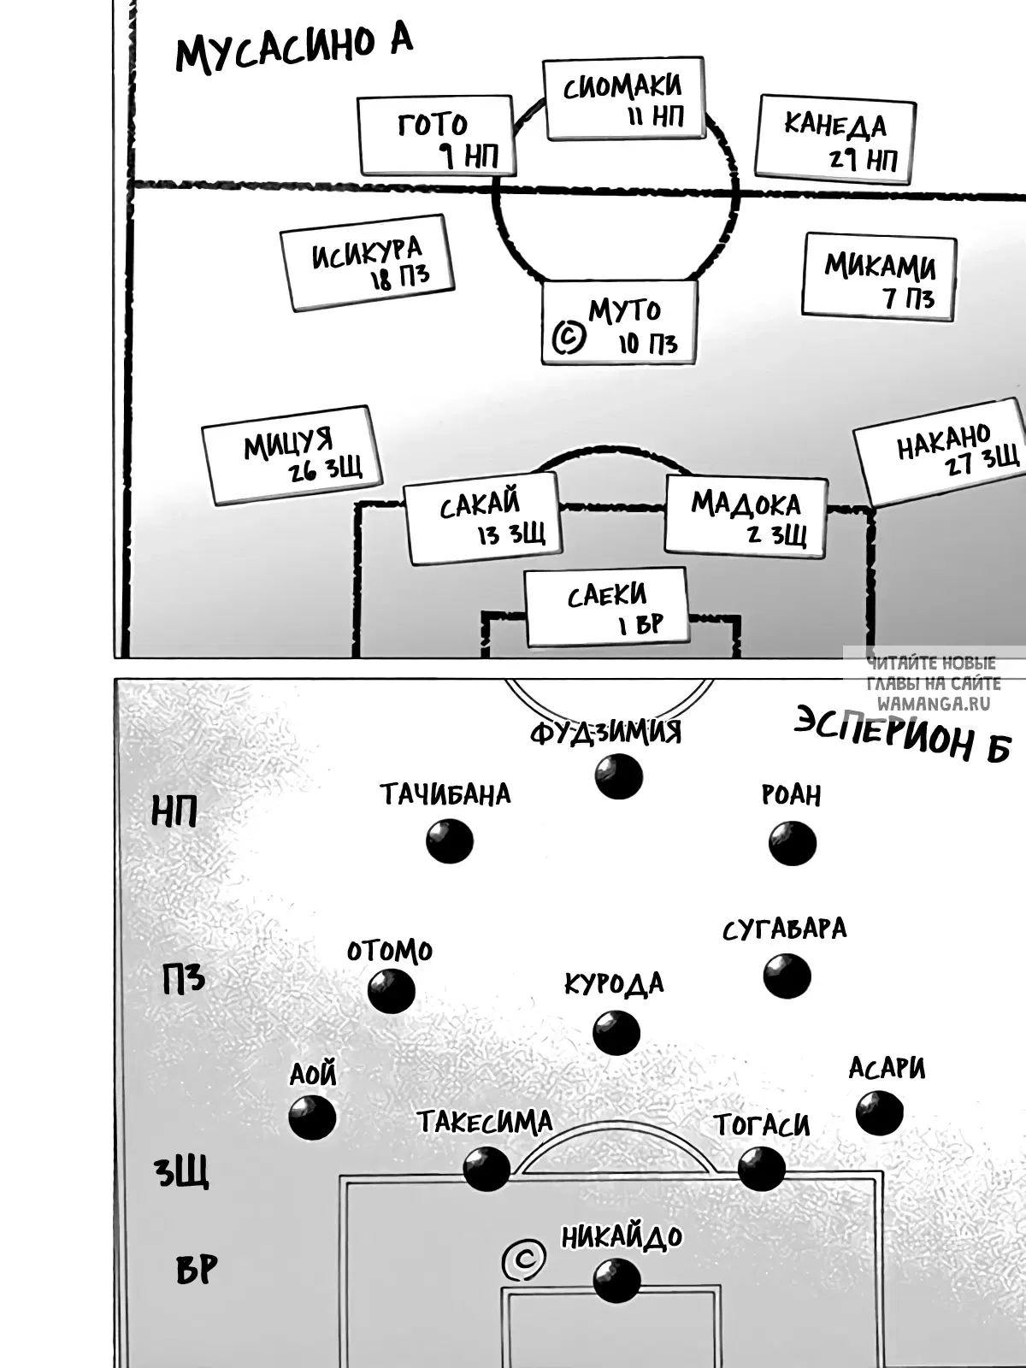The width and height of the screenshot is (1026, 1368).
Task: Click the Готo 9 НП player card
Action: [436, 135]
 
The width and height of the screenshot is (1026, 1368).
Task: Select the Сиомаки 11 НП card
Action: [624, 97]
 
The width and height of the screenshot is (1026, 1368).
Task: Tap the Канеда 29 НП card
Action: [835, 139]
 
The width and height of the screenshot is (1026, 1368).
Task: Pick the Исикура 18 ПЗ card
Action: [367, 262]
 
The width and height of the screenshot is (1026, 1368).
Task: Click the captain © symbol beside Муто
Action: [569, 338]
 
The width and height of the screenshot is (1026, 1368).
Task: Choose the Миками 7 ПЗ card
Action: [879, 277]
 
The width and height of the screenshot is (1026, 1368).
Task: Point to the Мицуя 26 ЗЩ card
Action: [292, 455]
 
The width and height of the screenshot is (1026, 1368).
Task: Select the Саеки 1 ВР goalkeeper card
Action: [607, 607]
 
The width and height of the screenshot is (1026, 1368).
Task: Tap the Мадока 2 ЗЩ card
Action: [746, 516]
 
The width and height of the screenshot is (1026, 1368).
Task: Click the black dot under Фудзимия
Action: [618, 776]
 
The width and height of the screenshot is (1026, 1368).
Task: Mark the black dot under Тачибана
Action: [450, 840]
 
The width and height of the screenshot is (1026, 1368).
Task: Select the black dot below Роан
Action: [793, 843]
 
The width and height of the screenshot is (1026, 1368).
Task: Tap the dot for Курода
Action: [616, 1032]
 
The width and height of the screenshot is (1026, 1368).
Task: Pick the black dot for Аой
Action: [312, 1117]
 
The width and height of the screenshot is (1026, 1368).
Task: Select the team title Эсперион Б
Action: [902, 734]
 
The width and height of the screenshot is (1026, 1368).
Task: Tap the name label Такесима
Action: [485, 1122]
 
